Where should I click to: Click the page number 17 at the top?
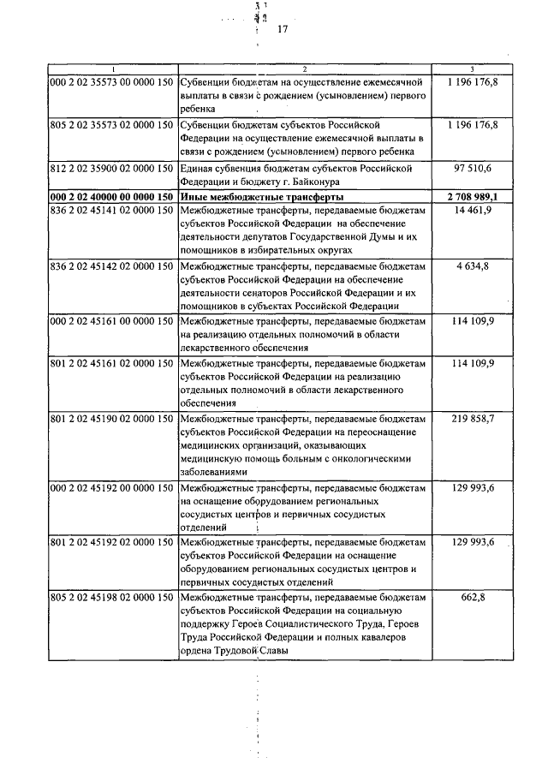[283, 30]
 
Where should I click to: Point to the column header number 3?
[474, 68]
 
